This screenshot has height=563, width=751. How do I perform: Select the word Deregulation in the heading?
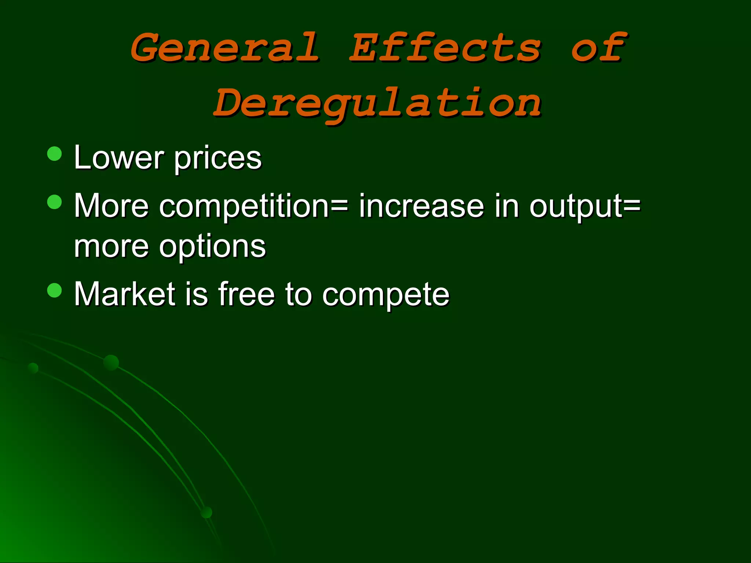377,103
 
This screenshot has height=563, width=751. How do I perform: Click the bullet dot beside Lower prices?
55,154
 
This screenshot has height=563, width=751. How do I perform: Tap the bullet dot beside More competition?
55,202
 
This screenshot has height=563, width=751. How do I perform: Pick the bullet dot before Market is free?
55,290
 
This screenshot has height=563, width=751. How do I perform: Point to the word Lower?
118,158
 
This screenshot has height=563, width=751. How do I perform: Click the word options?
212,247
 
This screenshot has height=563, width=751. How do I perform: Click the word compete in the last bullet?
385,295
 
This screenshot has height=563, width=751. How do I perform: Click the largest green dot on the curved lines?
111,363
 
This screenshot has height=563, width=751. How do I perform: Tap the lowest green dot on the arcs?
207,512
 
